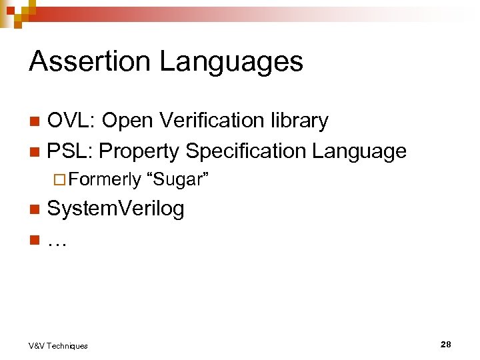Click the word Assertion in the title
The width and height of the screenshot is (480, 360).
tap(89, 61)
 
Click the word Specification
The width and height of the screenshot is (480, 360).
tap(247, 152)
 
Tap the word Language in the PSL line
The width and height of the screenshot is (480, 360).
tap(361, 152)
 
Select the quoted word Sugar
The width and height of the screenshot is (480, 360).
tap(177, 179)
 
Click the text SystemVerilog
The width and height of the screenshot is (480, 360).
tap(116, 209)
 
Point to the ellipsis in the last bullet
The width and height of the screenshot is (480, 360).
tap(57, 241)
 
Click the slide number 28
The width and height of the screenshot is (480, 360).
tap(445, 345)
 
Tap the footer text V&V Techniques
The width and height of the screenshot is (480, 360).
tap(58, 345)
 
